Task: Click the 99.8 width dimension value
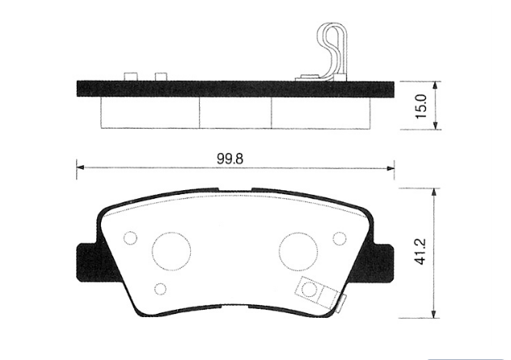(230, 159)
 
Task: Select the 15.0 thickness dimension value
(421, 107)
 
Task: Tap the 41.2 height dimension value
(420, 252)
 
